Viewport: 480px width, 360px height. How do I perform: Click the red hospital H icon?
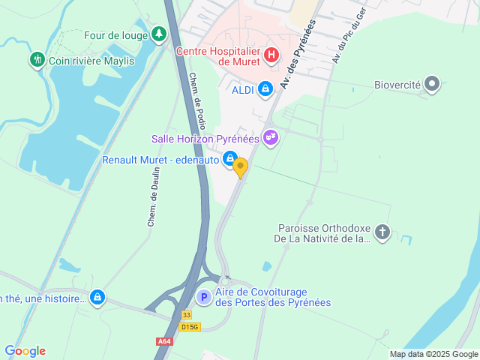[271, 55]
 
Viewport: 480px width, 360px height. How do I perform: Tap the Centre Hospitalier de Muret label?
[217, 56]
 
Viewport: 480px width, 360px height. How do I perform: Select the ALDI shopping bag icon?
[265, 90]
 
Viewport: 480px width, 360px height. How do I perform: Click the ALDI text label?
[243, 90]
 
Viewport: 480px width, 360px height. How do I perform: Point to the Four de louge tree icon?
[158, 34]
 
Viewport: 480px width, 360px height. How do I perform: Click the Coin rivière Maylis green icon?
[37, 59]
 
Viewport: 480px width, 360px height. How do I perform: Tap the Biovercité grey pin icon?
[432, 85]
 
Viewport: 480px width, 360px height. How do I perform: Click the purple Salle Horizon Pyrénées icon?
[271, 138]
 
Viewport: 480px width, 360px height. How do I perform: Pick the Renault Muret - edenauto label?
[160, 159]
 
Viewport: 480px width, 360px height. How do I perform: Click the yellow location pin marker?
[240, 167]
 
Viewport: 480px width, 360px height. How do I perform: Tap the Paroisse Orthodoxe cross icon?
[382, 232]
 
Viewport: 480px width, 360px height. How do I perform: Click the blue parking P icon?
[203, 297]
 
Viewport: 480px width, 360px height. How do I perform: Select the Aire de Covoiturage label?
[273, 297]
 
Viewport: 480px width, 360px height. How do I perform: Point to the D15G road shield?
[190, 327]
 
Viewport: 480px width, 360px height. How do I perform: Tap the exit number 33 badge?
[187, 316]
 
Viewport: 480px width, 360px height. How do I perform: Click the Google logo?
[25, 350]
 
